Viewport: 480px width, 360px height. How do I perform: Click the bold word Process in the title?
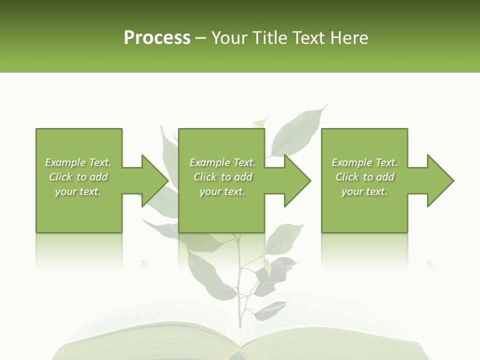point(157,38)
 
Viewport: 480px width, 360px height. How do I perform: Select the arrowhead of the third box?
point(439,180)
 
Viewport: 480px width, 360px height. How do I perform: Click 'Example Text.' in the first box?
point(78,162)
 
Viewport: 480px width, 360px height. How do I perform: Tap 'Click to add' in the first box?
point(78,177)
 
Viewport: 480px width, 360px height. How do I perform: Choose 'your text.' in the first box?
point(78,191)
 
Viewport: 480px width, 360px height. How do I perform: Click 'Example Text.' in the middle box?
point(222,162)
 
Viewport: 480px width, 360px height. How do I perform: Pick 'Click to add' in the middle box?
point(222,177)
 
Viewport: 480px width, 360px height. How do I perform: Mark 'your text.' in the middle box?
point(222,191)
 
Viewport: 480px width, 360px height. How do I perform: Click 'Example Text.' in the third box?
point(364,162)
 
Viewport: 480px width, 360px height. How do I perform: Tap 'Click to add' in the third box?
point(364,177)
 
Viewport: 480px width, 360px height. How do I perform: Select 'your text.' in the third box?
point(364,191)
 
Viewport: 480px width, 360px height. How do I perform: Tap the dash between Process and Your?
point(201,38)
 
